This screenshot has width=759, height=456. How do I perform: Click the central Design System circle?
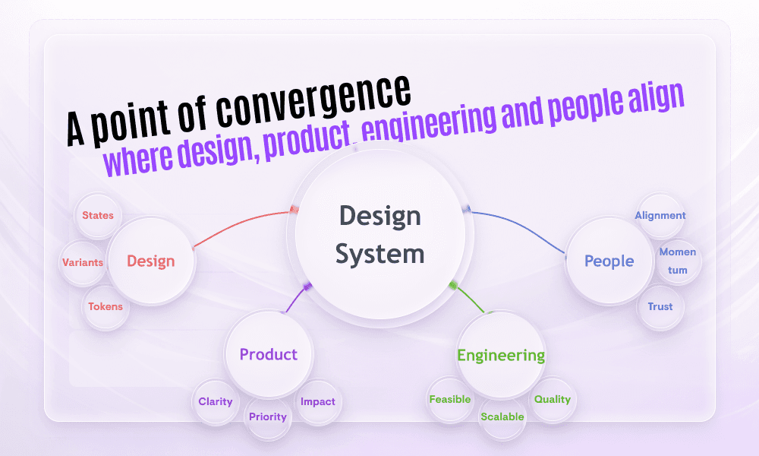[x=379, y=234]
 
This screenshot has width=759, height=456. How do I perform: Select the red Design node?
[x=151, y=261]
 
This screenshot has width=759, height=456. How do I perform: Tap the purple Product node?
[x=269, y=354]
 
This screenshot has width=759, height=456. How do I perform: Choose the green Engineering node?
[x=501, y=355]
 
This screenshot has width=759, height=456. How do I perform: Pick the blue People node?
[x=609, y=261]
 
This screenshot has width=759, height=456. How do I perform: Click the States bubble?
[x=98, y=215]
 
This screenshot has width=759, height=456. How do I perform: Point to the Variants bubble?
[x=83, y=262]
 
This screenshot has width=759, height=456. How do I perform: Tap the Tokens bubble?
[x=106, y=307]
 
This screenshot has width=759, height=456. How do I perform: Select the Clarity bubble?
[x=216, y=401]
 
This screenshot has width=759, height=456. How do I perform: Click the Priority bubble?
[x=268, y=416]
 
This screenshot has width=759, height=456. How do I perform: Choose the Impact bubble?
[x=317, y=401]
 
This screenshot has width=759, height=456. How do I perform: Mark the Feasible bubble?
[x=450, y=399]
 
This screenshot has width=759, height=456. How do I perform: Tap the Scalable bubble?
[x=502, y=416]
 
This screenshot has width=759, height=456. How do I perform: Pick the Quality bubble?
[x=553, y=399]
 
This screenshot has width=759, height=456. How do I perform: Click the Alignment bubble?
[x=660, y=215]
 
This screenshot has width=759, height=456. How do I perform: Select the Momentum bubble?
[x=678, y=261]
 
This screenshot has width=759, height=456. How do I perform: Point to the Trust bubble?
[x=660, y=307]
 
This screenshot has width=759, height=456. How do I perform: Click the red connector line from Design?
[x=243, y=225]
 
